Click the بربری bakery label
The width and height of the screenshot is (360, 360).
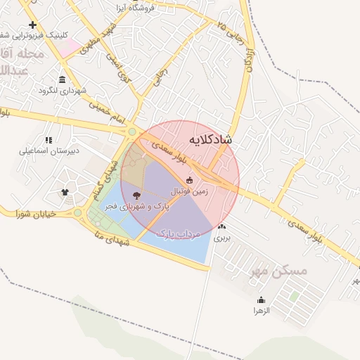point(222,238)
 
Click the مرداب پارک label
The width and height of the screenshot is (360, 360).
point(178,232)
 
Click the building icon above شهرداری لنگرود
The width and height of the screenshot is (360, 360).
point(63,79)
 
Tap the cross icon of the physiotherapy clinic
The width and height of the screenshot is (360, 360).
point(32,25)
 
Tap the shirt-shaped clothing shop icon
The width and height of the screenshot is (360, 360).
point(65,191)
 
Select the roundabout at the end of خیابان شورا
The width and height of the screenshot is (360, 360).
point(78,212)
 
